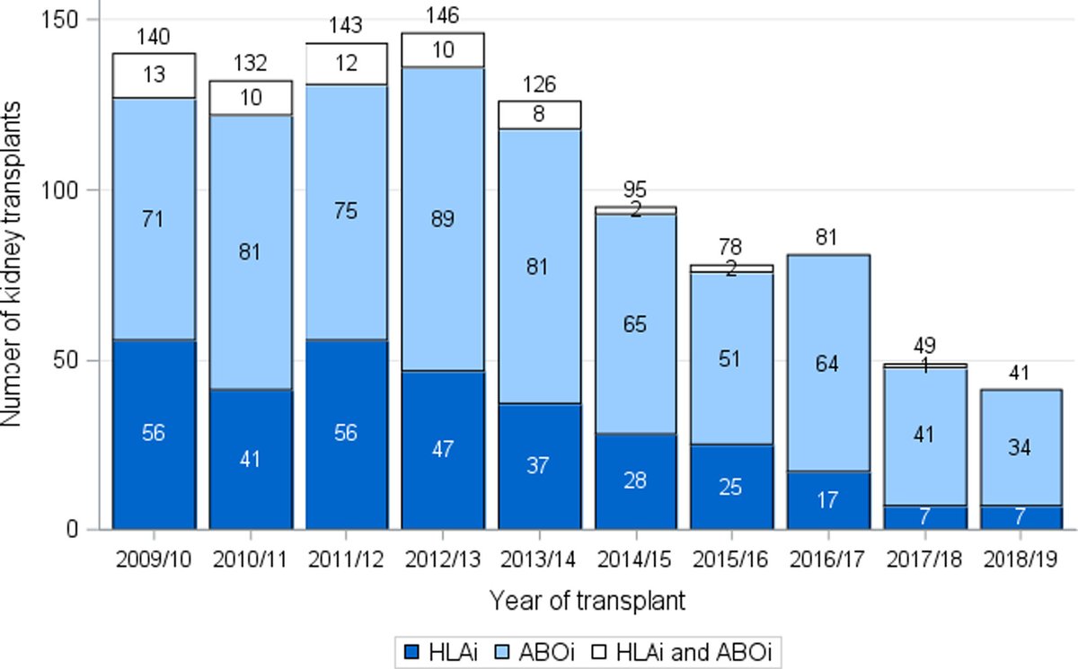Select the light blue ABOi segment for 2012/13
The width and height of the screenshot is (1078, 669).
(x=443, y=219)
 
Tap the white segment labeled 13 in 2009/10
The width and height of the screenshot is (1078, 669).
(x=154, y=75)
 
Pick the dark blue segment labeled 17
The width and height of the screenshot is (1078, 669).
(x=828, y=500)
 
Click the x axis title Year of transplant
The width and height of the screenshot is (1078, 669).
(x=588, y=601)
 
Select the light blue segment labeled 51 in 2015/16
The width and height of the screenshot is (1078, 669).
(x=732, y=357)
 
